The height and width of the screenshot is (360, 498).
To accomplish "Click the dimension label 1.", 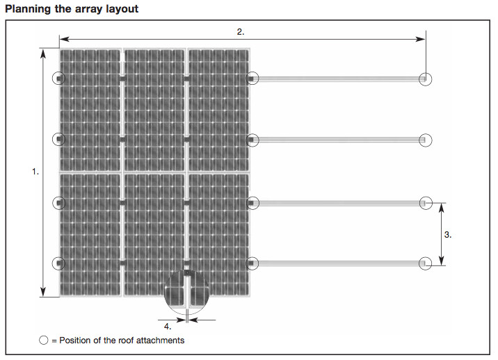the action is [35, 172].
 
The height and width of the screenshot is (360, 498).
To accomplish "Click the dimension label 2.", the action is [241, 32].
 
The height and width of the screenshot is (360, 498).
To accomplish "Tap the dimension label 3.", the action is [447, 235].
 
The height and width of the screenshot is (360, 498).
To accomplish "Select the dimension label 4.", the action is [168, 327].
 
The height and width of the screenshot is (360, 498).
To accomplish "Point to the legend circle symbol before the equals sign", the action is [44, 340].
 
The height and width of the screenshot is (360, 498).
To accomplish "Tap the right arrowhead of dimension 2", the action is [421, 39].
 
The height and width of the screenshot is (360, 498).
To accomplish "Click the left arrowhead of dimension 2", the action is [64, 39].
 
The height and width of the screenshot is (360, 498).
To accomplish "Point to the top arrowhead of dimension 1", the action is [43, 54].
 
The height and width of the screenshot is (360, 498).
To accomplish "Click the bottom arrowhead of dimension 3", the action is [442, 261].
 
